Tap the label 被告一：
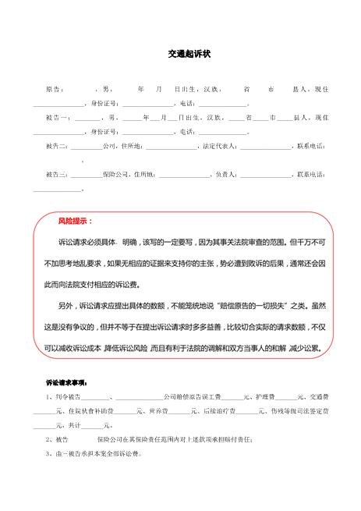[56, 118]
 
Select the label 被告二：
[57, 146]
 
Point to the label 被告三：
[57, 174]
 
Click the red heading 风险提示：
[75, 222]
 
